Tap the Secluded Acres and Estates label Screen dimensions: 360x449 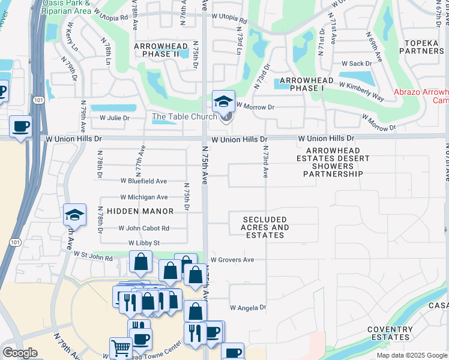coord(265,228)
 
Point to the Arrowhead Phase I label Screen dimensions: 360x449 coord(302,84)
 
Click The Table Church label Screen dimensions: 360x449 coord(184,116)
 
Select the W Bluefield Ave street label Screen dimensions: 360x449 coord(143,181)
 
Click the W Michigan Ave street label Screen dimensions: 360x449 coord(144,197)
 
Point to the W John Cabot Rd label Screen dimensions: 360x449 coord(144,228)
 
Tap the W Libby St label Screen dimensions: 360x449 coord(144,243)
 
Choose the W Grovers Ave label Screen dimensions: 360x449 coord(232,260)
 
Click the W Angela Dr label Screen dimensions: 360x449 coord(248,307)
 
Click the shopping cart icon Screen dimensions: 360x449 coord(121,347)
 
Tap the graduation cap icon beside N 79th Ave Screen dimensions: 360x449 coord(75,214)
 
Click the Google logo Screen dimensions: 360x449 coord(20,353)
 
